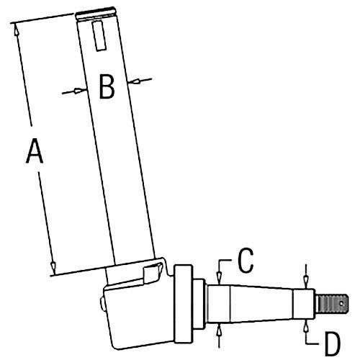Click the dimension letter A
pos(35,151)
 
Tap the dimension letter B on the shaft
pos(107,86)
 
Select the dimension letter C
pos(246,261)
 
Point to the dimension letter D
pos(333,343)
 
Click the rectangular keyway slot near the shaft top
pos(99,36)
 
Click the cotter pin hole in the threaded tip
pos(341,304)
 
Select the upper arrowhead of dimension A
pos(16,30)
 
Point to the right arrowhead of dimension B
pos(134,81)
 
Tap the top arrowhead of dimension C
pos(219,279)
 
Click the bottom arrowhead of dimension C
pos(219,330)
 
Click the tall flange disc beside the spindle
pos(184,304)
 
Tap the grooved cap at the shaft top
pos(94,14)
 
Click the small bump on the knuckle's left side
pos(102,304)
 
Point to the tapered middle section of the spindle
pos(262,304)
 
